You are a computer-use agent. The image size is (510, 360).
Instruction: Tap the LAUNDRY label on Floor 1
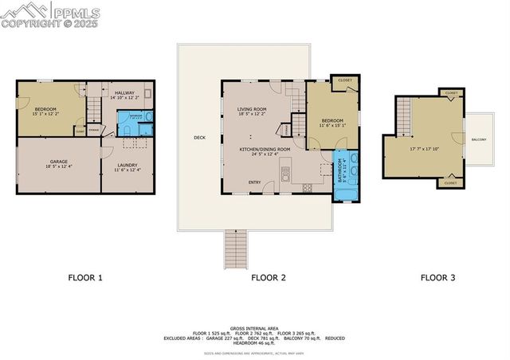pos(127,165)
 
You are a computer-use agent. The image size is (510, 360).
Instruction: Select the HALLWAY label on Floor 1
pos(125,93)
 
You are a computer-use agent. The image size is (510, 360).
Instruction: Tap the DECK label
pos(199,138)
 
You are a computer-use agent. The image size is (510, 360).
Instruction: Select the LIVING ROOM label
pos(252,109)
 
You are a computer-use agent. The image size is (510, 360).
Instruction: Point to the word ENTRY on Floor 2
pos(254,182)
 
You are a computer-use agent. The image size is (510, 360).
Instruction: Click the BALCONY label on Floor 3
pos(479,139)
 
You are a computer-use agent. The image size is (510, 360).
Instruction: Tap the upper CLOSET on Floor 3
pos(451,92)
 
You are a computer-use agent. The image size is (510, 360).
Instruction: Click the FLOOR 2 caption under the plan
pos(269,278)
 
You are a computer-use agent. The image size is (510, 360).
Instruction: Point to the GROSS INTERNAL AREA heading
pos(254,327)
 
